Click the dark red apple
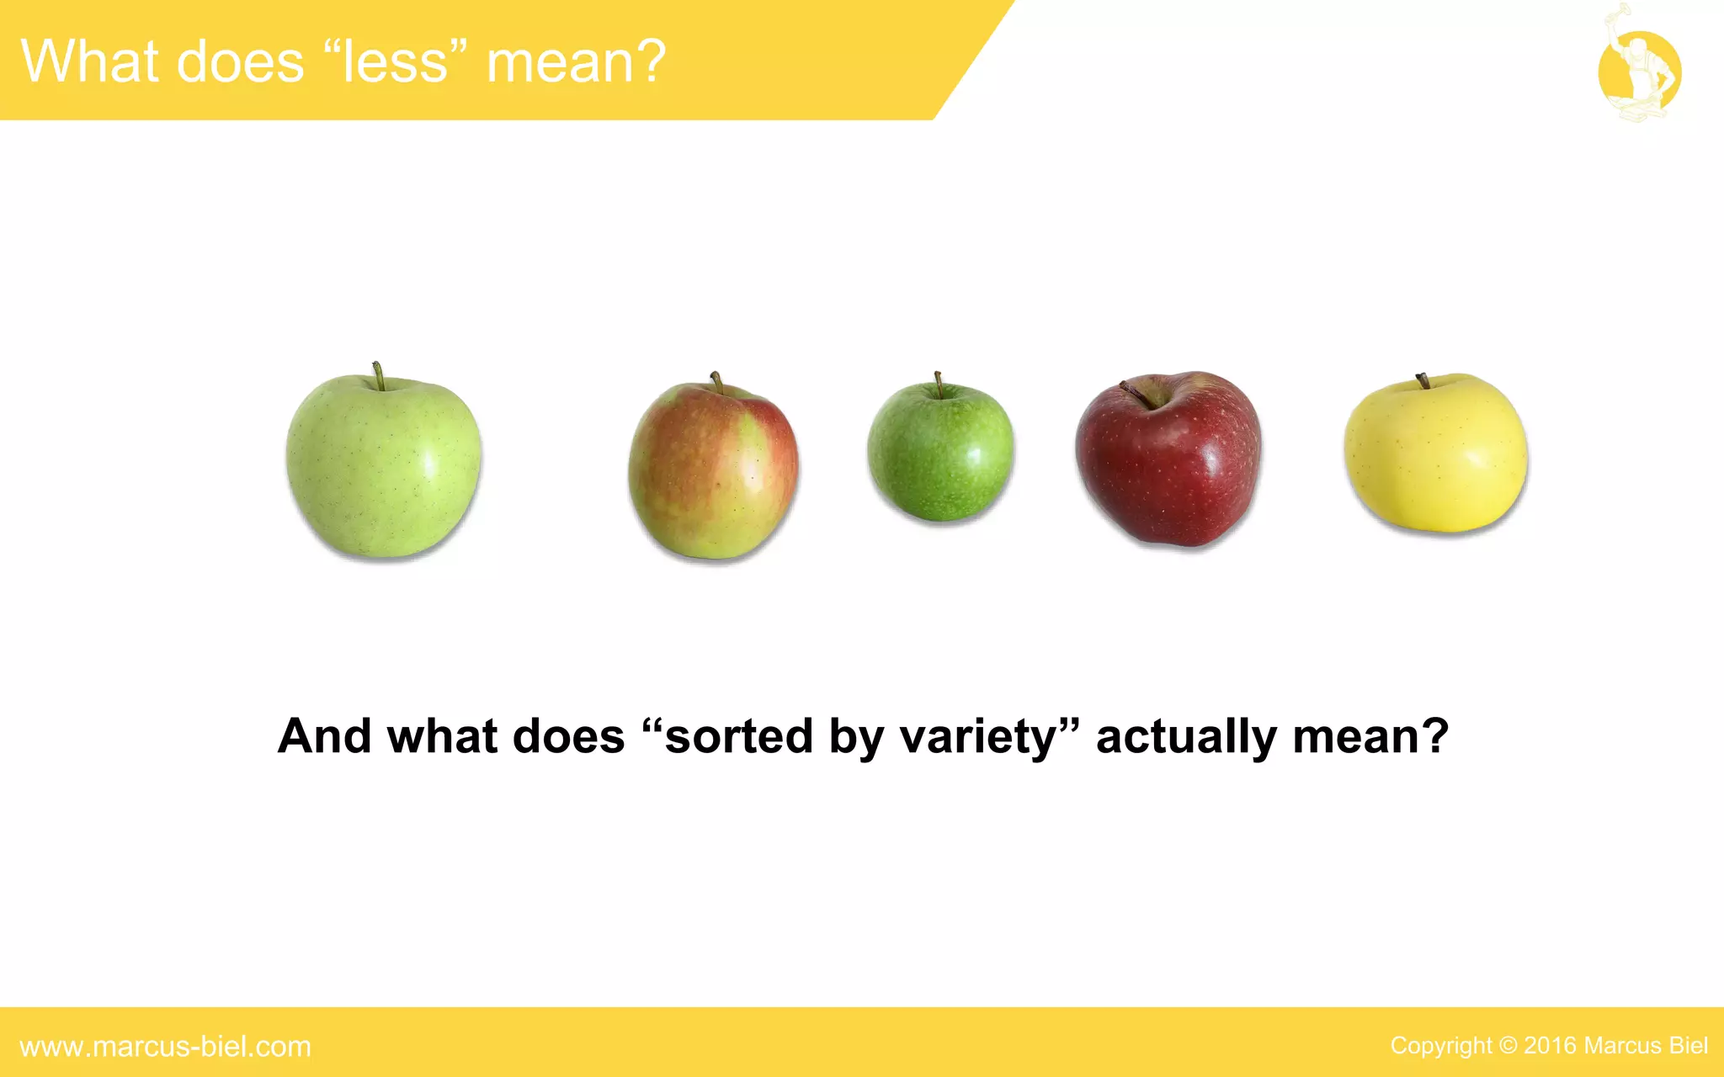click(1168, 461)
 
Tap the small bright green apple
click(940, 452)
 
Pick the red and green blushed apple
click(713, 471)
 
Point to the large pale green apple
click(384, 467)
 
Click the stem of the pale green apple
click(379, 375)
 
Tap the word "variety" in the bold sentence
click(976, 737)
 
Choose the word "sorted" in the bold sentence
click(737, 737)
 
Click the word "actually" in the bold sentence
click(1185, 737)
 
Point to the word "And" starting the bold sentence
click(324, 737)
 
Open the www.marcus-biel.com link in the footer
click(165, 1047)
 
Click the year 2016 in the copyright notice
click(1550, 1046)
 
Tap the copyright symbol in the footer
click(1508, 1046)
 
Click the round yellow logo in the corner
click(1639, 72)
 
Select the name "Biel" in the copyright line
click(1688, 1046)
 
